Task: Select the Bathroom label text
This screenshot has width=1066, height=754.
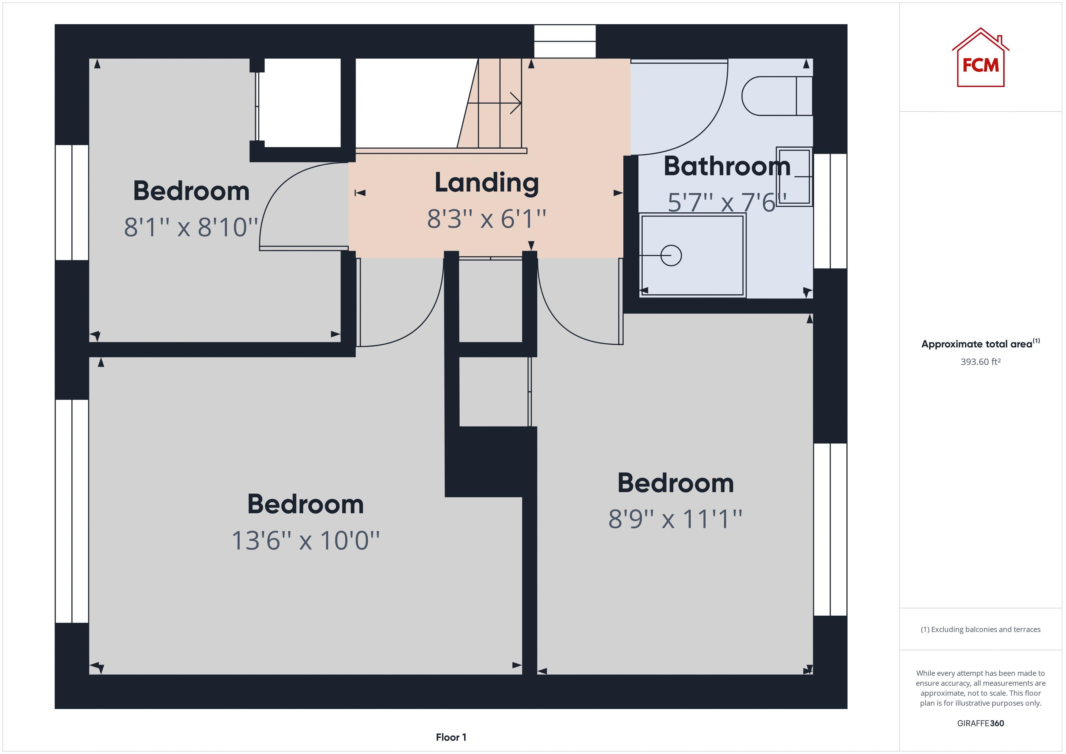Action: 727,166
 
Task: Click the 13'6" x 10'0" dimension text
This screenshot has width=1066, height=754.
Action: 305,540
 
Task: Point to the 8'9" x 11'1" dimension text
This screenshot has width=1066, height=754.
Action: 675,519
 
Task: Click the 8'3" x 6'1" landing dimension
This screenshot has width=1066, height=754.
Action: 486,219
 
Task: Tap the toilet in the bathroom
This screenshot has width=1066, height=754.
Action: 776,96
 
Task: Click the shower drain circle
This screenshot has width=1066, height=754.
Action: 670,255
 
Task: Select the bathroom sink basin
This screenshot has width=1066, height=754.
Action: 794,176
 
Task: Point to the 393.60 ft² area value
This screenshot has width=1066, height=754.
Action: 980,362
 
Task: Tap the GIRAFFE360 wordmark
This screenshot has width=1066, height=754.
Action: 980,723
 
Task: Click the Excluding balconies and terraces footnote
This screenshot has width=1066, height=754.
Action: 980,630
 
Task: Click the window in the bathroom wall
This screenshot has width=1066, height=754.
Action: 830,211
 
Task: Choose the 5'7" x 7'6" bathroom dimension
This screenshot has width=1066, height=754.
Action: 727,202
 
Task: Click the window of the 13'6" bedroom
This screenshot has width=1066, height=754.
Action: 72,511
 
